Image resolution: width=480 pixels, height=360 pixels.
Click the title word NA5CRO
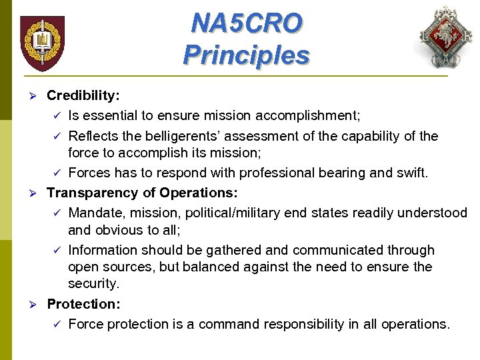pyautogui.click(x=246, y=23)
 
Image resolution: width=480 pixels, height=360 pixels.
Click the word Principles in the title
pyautogui.click(x=246, y=54)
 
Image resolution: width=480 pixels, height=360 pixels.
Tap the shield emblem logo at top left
pyautogui.click(x=42, y=43)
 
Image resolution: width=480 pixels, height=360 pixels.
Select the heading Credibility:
pyautogui.click(x=83, y=95)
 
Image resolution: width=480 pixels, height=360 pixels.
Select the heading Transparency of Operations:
pyautogui.click(x=142, y=193)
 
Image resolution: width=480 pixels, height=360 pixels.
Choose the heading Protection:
pyautogui.click(x=83, y=304)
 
